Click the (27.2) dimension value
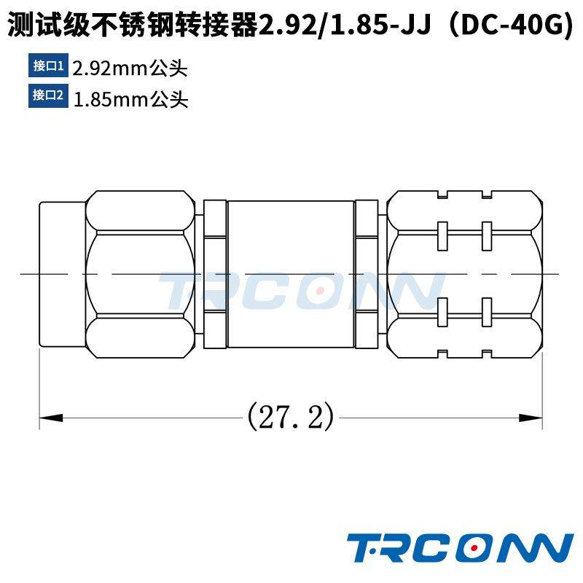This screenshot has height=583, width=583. pos(291,418)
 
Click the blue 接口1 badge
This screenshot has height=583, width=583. pos(48,67)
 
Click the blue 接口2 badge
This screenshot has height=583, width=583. pos(48,95)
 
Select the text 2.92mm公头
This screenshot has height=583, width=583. pos(130,69)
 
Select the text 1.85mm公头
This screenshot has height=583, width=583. pos(130,97)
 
